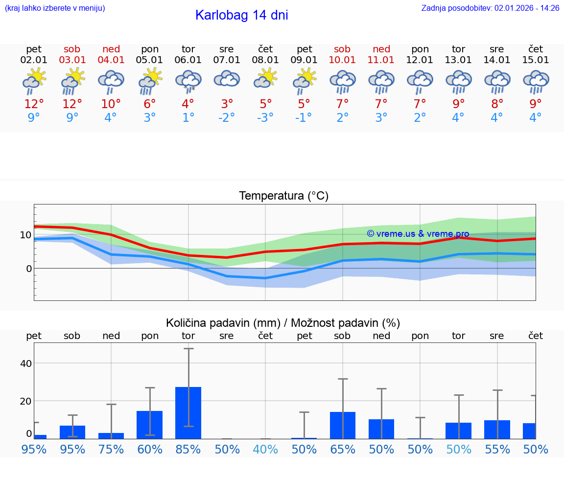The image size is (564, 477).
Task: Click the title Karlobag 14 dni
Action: pos(241,15)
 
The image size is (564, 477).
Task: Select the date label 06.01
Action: pos(188,60)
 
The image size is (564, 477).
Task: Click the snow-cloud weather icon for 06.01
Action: pos(188,81)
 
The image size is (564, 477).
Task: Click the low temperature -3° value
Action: pos(265,118)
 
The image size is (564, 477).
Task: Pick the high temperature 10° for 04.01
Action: pos(111,104)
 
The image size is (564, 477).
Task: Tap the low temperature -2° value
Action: pos(227,118)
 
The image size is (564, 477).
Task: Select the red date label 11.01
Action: pos(381,60)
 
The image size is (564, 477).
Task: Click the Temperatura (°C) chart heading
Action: pos(283,196)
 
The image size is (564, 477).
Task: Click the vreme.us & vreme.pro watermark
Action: pos(418,234)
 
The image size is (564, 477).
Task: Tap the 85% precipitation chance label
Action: pos(188,450)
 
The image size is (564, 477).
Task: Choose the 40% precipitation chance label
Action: pos(265,450)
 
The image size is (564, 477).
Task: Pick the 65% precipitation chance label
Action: pos(343,450)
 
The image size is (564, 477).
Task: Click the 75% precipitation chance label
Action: pos(111,450)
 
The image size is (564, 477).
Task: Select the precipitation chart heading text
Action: pos(283,323)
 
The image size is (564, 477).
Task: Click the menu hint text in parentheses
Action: pos(55,8)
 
